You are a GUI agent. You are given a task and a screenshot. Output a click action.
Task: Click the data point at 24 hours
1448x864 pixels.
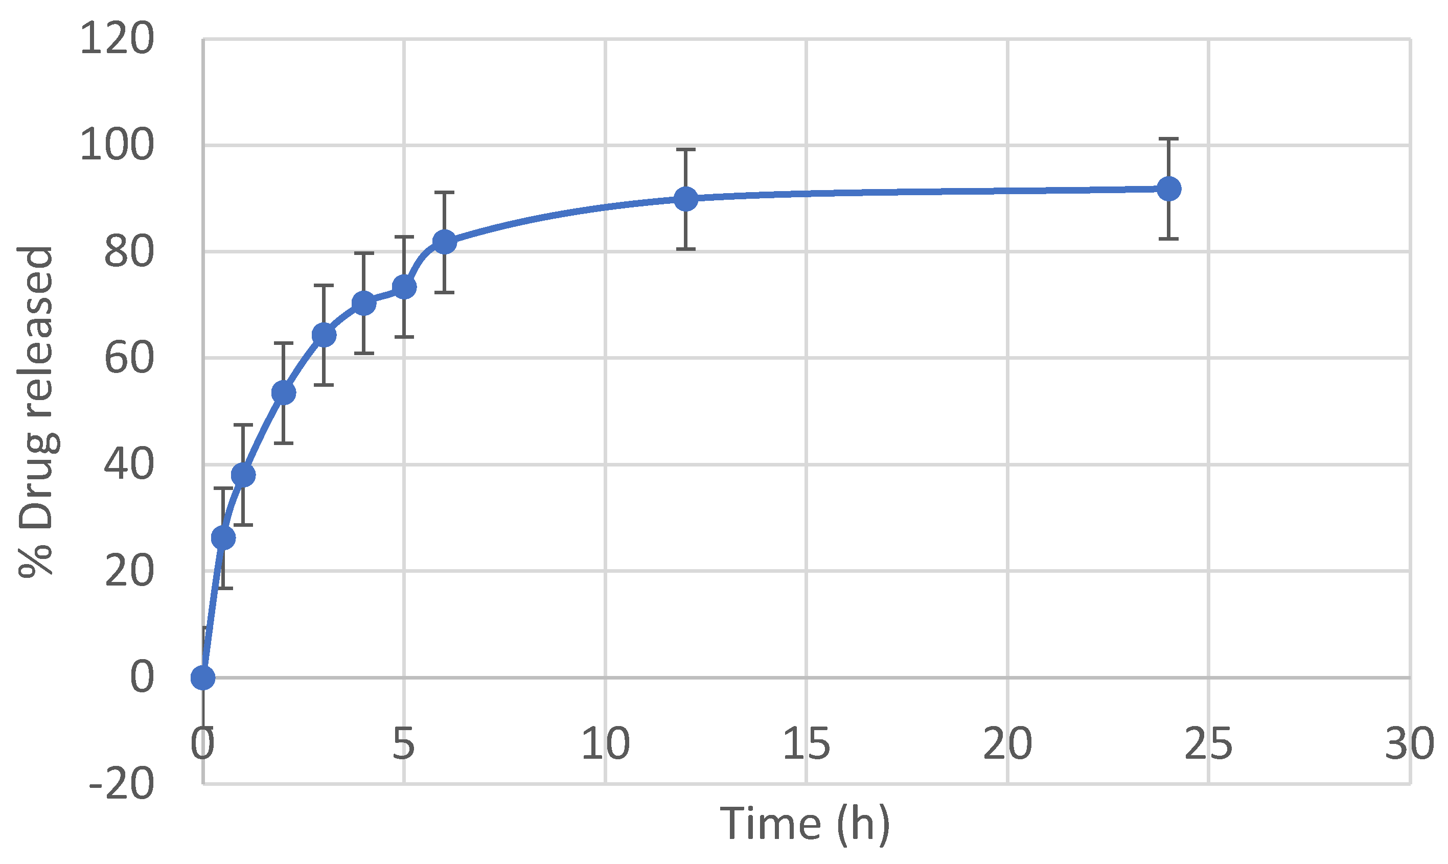point(1168,189)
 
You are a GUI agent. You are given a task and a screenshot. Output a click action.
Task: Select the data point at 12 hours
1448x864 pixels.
point(686,199)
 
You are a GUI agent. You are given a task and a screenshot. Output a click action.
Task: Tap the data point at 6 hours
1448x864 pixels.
point(444,242)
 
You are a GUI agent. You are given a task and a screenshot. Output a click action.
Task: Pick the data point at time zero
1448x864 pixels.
point(202,678)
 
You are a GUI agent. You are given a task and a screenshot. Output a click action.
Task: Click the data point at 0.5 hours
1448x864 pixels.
point(223,538)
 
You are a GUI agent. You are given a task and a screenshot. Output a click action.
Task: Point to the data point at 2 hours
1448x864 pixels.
point(284,393)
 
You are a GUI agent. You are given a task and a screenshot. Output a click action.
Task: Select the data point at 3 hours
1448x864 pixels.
point(324,335)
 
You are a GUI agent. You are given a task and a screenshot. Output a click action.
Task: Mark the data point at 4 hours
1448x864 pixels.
point(364,303)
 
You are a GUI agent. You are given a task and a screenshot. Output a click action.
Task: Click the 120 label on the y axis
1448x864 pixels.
point(117,39)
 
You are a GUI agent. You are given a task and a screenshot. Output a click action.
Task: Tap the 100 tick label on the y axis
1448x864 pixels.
point(117,145)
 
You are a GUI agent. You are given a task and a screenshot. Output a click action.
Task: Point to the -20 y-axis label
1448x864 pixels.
point(122,785)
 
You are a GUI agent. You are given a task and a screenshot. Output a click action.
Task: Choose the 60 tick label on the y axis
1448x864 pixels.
point(129,358)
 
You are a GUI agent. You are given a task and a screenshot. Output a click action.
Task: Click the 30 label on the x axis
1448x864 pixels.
point(1409,744)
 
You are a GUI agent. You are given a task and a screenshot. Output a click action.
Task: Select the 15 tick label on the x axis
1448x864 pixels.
point(806,744)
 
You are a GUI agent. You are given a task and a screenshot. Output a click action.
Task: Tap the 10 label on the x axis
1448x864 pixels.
point(606,744)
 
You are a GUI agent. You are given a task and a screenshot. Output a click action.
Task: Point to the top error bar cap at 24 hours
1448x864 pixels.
point(1168,139)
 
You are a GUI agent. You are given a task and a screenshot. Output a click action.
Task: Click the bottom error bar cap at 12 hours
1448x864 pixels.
point(686,249)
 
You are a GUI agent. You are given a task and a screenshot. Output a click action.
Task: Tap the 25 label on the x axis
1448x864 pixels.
point(1208,744)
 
